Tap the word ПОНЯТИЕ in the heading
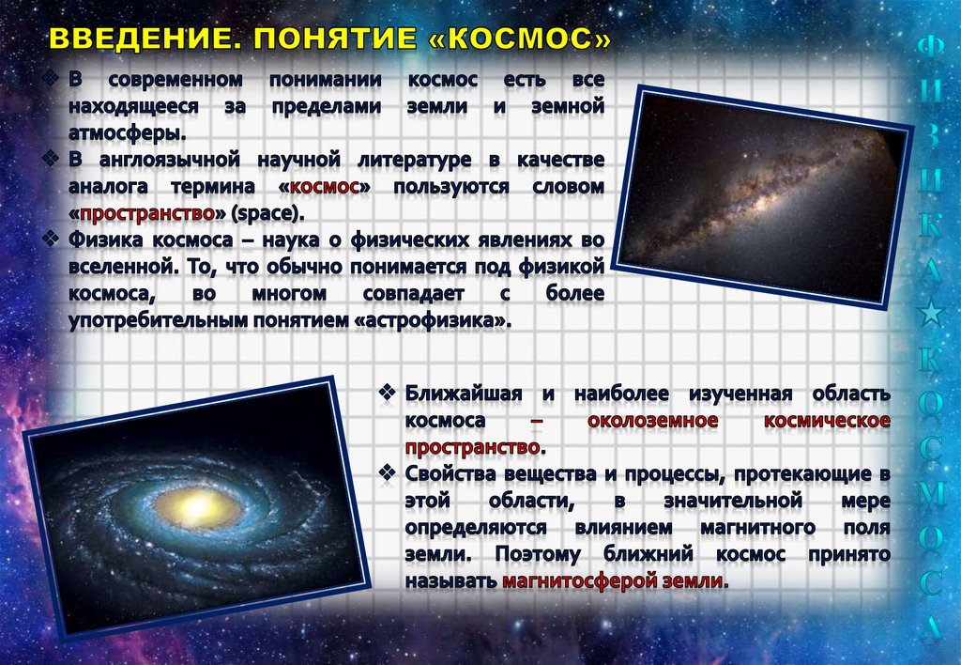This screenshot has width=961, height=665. pos(335,38)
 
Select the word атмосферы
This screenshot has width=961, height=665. pos(127,133)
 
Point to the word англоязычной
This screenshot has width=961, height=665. pos(169,160)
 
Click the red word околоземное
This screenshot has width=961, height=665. pos(653,420)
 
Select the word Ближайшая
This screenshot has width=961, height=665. pos(464,394)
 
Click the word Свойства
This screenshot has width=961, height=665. pos(451,473)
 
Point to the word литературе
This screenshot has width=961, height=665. pos(414,160)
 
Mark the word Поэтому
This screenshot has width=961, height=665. pos(538,554)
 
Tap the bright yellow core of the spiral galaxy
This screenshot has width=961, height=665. pos(197,506)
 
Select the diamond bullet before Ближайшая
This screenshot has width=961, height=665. pos(387,392)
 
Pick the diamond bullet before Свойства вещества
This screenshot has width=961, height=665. pos(387,472)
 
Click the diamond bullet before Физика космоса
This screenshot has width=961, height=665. pos(51,238)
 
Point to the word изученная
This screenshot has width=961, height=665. pos(740,394)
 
